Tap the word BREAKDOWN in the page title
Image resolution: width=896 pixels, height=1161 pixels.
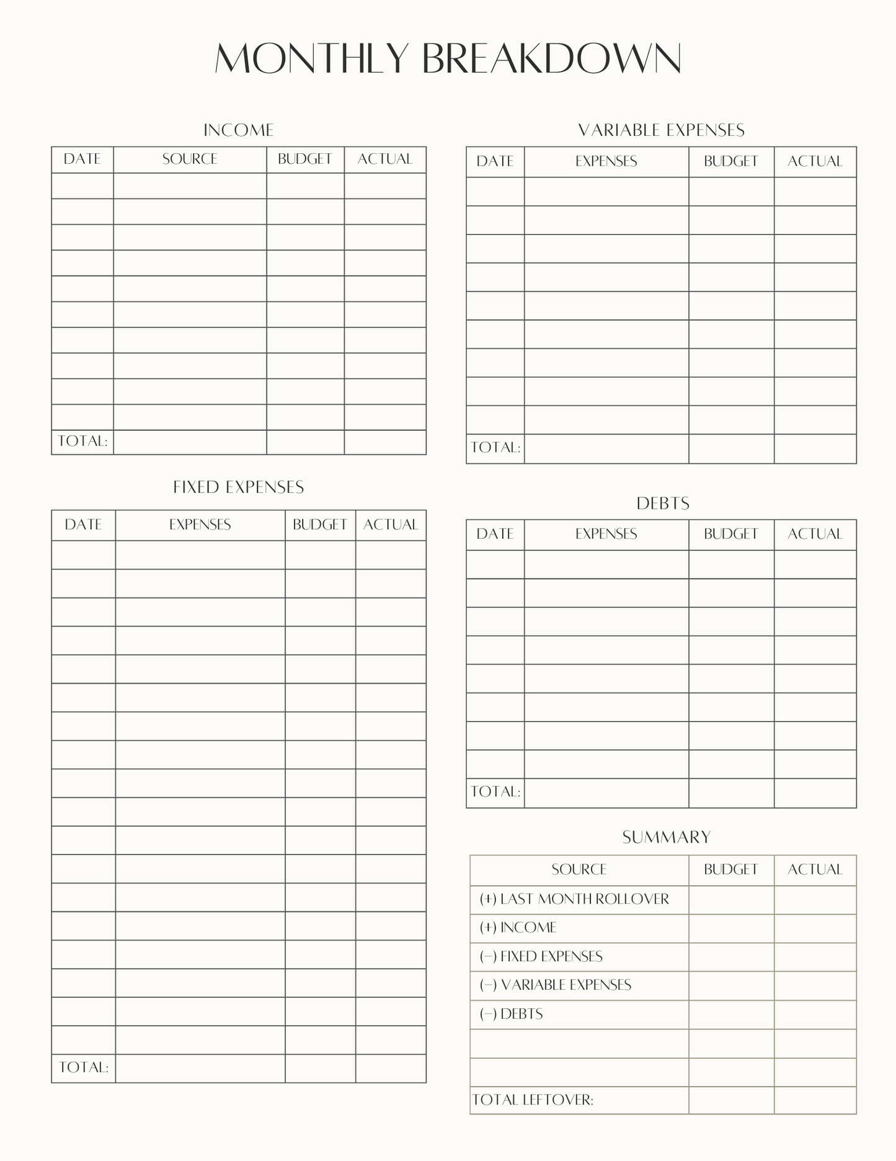pyautogui.click(x=552, y=59)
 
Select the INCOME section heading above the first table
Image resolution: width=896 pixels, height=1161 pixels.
pyautogui.click(x=239, y=130)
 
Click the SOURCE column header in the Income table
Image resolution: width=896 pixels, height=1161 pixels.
pyautogui.click(x=190, y=159)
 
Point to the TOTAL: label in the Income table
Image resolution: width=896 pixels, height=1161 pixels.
pyautogui.click(x=82, y=441)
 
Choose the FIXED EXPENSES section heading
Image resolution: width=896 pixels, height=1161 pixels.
pyautogui.click(x=239, y=488)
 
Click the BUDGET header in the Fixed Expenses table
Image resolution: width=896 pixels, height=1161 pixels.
pyautogui.click(x=320, y=525)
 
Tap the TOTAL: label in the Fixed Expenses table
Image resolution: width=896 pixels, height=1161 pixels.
pyautogui.click(x=84, y=1067)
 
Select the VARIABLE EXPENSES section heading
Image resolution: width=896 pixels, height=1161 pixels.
pyautogui.click(x=662, y=130)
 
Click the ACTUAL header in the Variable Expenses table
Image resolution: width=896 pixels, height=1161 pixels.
pyautogui.click(x=815, y=161)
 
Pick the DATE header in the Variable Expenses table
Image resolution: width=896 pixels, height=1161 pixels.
pyautogui.click(x=495, y=161)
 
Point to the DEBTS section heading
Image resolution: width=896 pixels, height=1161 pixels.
pyautogui.click(x=663, y=503)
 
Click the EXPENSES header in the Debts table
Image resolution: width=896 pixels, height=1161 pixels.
pyautogui.click(x=606, y=534)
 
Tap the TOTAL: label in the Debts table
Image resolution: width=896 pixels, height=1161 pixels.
pyautogui.click(x=495, y=792)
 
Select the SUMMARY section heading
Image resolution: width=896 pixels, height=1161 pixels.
pyautogui.click(x=667, y=838)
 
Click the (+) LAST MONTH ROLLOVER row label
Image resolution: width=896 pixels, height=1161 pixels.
pyautogui.click(x=574, y=899)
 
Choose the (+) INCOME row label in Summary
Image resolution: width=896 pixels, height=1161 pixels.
pyautogui.click(x=518, y=928)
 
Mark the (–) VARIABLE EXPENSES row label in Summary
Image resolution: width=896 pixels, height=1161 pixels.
pyautogui.click(x=555, y=985)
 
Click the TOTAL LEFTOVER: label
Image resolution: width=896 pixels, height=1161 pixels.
pyautogui.click(x=533, y=1100)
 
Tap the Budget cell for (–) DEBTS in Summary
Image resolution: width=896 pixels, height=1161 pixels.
pyautogui.click(x=731, y=1015)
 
